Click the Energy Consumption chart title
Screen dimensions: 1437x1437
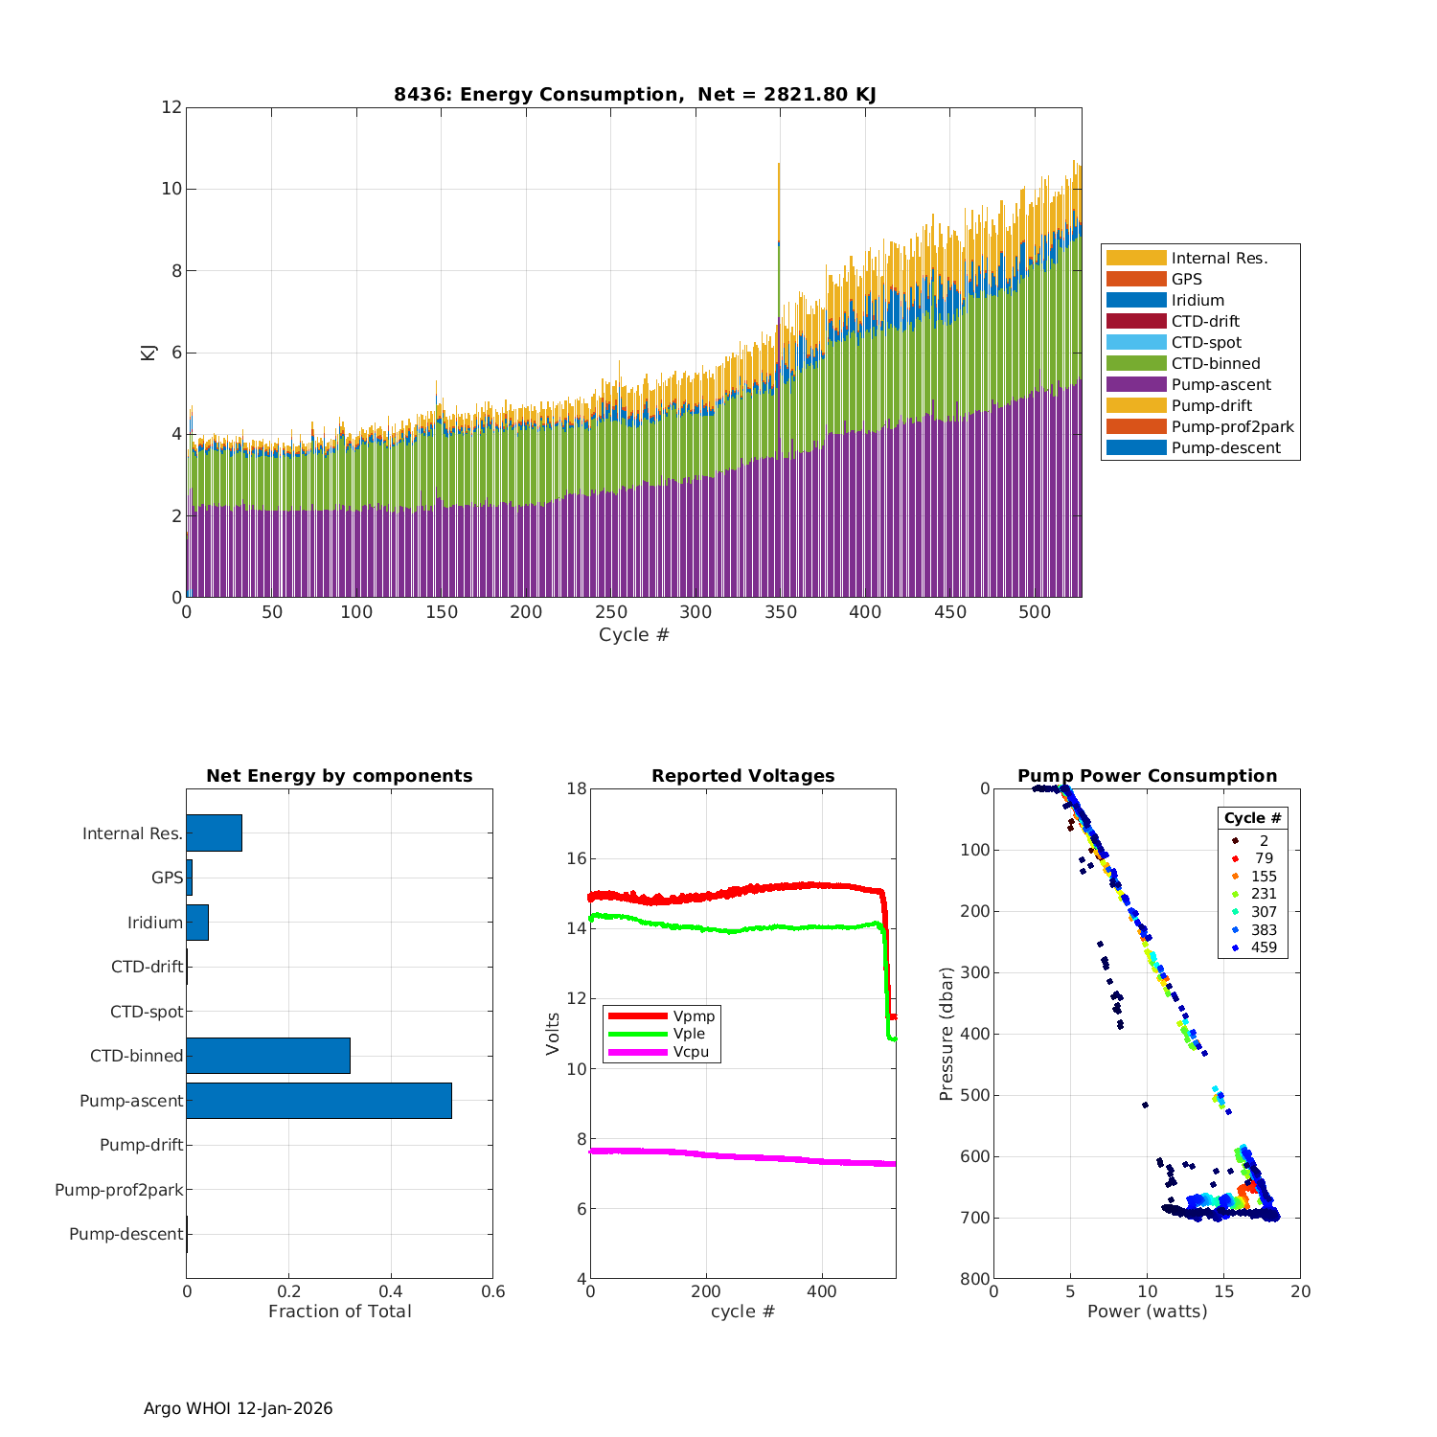(x=634, y=94)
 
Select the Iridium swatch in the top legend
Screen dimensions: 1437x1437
(x=1136, y=300)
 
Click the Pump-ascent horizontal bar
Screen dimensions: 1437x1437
(x=319, y=1101)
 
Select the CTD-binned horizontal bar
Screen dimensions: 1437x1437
(x=268, y=1056)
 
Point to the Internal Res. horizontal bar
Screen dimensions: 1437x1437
(x=214, y=833)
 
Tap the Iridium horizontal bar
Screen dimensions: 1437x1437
(x=197, y=923)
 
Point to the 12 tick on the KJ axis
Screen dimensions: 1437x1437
(x=171, y=107)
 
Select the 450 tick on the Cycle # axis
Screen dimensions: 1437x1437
(x=949, y=612)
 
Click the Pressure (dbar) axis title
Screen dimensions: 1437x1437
(x=947, y=1034)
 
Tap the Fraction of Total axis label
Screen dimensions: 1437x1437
(x=339, y=1312)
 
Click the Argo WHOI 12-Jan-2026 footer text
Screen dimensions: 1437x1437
(x=239, y=1408)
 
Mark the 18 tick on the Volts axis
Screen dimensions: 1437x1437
(x=577, y=788)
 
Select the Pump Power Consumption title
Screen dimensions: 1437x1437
(x=1147, y=776)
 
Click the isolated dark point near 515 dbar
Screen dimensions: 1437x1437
(x=1145, y=1105)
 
